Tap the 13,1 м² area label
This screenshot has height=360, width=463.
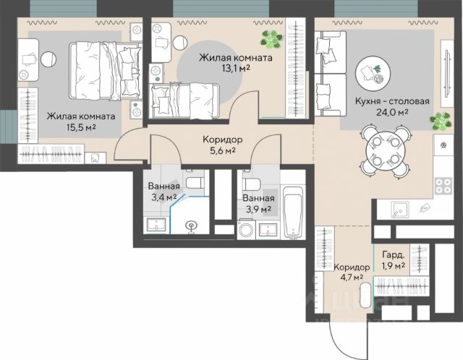point(236,69)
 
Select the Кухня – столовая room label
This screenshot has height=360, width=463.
point(392,101)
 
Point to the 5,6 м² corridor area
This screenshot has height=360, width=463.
point(222,151)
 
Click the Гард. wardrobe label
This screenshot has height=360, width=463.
point(393,254)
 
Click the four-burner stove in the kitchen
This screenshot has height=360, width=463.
point(443,186)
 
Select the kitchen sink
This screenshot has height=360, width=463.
point(400,210)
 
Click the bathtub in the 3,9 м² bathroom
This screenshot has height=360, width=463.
point(292,212)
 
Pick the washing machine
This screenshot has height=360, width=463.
point(246,229)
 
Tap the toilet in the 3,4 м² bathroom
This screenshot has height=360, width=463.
point(195,182)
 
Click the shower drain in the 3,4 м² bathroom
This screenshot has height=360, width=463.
point(191,226)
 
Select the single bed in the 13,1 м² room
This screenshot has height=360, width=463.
point(184,101)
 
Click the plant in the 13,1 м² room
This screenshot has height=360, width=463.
point(272,40)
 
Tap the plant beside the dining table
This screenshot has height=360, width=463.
point(441,121)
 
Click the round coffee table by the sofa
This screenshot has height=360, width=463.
point(373,72)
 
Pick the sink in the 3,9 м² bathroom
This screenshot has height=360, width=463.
point(268,230)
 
